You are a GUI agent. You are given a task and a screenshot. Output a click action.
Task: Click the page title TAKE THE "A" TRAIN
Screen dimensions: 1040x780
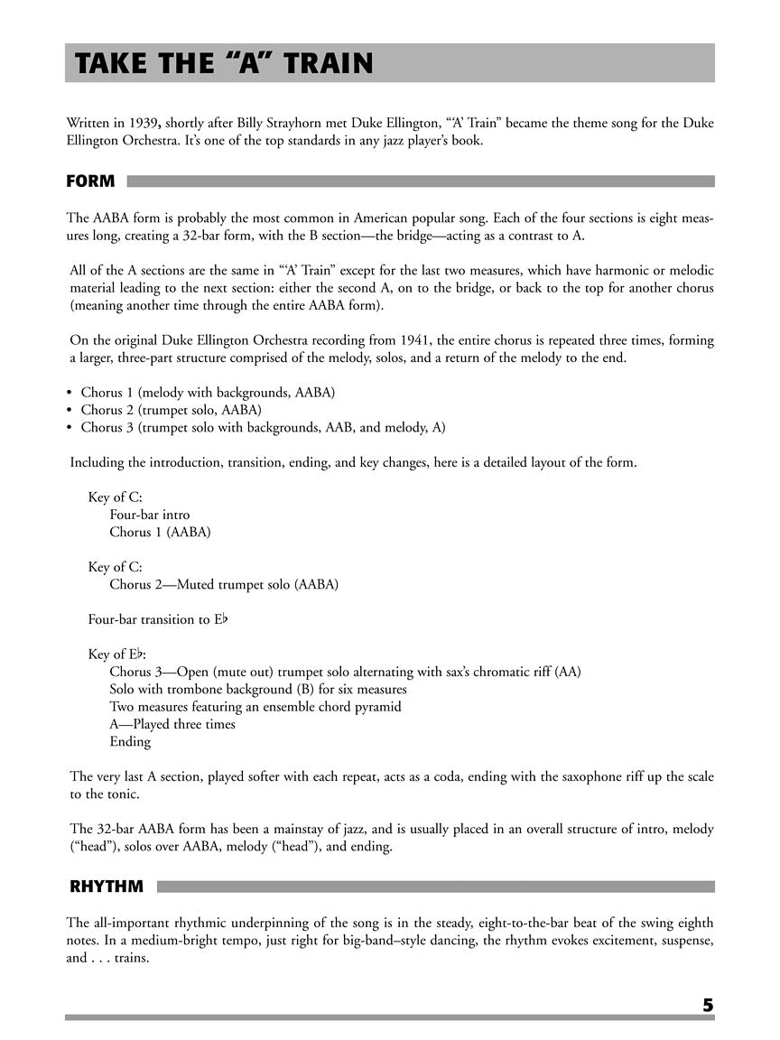click(224, 64)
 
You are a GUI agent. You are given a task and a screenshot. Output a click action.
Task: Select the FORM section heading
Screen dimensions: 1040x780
click(90, 181)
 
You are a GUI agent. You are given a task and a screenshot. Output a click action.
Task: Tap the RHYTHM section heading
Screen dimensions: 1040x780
click(107, 887)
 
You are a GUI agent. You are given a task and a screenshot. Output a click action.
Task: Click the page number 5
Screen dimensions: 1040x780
click(708, 1005)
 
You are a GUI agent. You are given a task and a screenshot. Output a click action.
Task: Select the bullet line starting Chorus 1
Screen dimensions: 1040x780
click(208, 393)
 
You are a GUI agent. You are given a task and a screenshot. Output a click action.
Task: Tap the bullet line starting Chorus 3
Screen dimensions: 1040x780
click(262, 427)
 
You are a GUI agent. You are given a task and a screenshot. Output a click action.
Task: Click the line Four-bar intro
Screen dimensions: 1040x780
click(150, 515)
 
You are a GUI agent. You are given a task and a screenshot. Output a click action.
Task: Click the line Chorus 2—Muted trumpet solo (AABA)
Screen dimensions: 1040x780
click(224, 584)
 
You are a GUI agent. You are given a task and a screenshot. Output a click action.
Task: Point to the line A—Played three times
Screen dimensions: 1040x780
click(172, 724)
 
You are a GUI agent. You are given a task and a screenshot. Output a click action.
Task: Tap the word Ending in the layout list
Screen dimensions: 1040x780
click(130, 741)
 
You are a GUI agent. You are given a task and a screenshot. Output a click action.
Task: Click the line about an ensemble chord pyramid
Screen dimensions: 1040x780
click(255, 707)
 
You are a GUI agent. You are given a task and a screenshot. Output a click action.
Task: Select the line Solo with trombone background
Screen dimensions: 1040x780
click(258, 690)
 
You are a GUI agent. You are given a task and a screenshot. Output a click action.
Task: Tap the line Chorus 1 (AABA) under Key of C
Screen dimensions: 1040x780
click(160, 532)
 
